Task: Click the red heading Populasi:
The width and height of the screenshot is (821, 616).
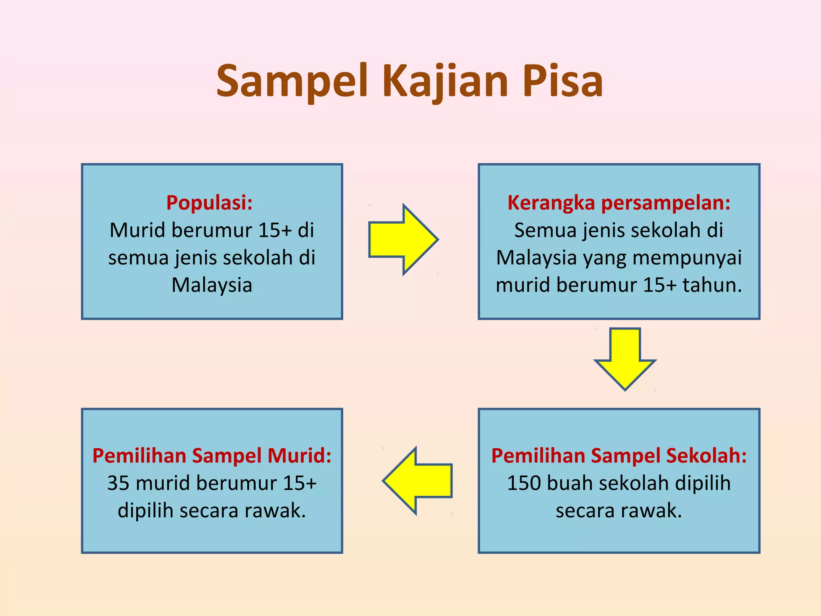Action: tap(209, 203)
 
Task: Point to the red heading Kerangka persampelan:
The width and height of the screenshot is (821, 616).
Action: tap(619, 203)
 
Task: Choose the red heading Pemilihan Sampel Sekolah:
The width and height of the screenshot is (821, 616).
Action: tap(619, 456)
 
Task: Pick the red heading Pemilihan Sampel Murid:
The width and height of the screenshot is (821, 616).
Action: tap(212, 456)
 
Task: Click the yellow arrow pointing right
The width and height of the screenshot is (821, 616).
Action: tap(403, 239)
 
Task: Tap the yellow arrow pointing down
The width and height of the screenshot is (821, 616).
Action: tap(625, 358)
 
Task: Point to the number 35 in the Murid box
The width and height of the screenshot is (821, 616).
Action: tap(118, 483)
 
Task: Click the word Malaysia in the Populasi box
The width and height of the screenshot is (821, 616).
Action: tap(212, 285)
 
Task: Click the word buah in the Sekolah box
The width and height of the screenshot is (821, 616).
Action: tap(570, 483)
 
